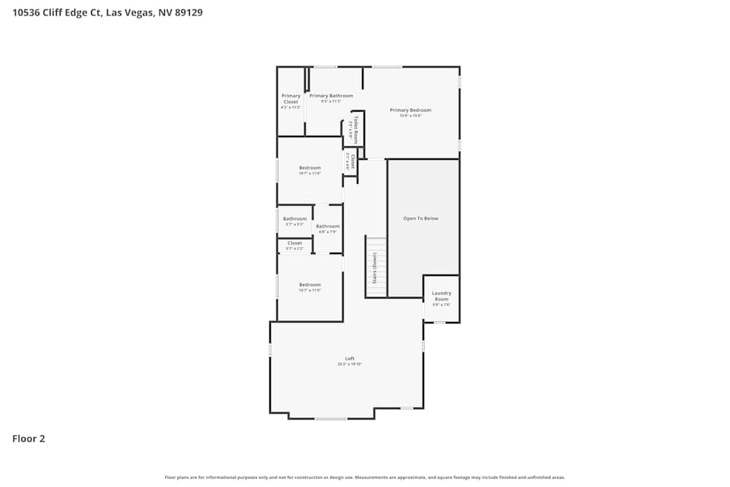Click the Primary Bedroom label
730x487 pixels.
[x=410, y=110]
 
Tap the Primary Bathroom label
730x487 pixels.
[x=331, y=96]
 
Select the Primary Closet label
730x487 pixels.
[x=291, y=99]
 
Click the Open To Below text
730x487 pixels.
[x=421, y=218]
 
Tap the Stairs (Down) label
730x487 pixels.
[x=375, y=267]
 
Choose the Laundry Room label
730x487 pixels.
[x=442, y=296]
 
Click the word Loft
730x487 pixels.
[x=350, y=358]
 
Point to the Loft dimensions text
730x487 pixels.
[x=350, y=364]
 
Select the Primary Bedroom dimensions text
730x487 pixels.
[x=410, y=115]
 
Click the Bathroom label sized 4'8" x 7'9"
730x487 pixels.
[x=328, y=226]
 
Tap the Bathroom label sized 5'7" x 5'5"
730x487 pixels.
[x=295, y=219]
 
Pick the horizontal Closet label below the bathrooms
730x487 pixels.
[x=295, y=243]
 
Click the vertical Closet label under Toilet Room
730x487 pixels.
[x=353, y=162]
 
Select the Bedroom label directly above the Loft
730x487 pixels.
[x=310, y=284]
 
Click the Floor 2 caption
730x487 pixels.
[x=28, y=439]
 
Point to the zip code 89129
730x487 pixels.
[x=187, y=12]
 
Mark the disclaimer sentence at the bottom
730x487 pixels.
[x=364, y=478]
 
